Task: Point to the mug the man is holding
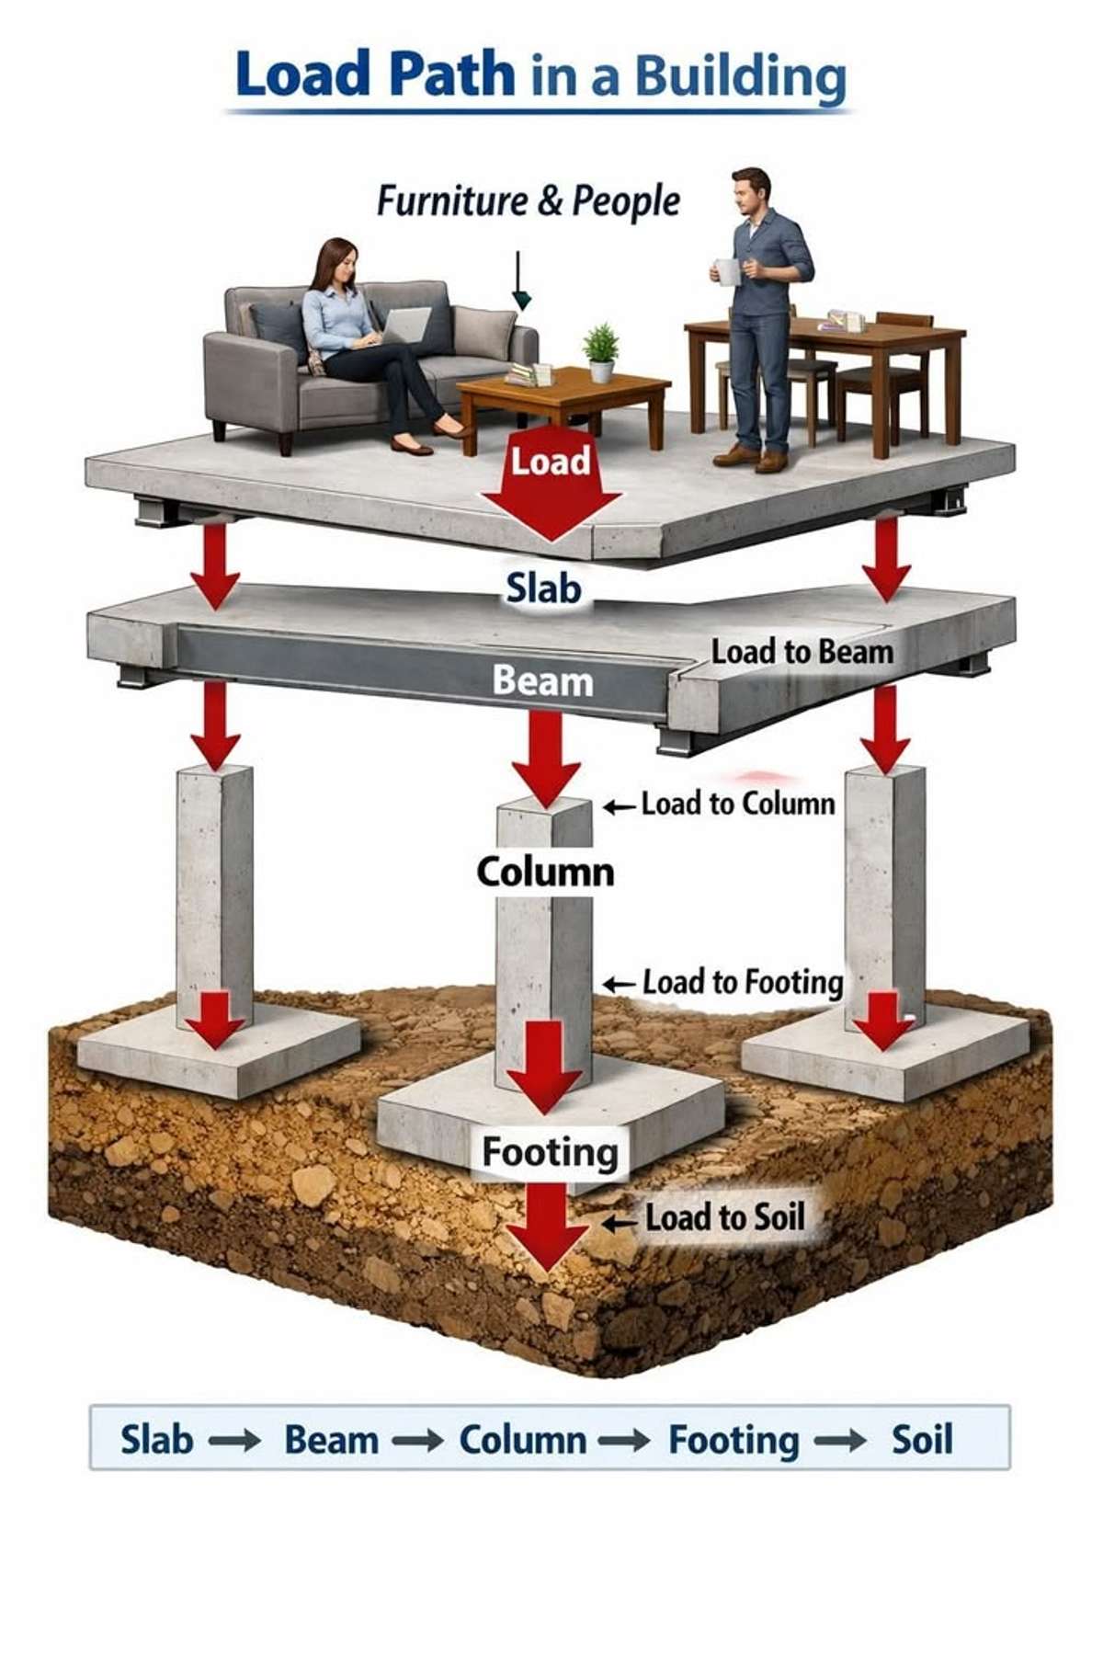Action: [727, 272]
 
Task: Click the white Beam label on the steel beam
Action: [542, 681]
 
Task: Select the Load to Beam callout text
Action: [802, 652]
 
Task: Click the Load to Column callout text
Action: [738, 804]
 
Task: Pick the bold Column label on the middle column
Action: [545, 872]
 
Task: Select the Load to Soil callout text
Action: [725, 1217]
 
